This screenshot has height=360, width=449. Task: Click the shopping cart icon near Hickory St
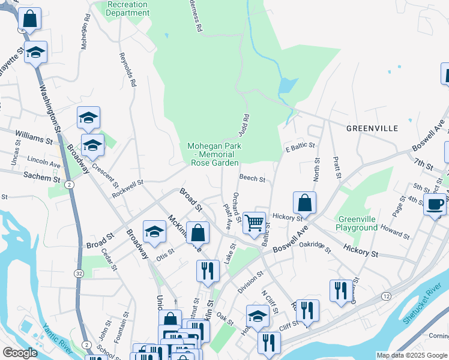pos(255,223)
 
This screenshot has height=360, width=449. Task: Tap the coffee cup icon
pos(435,204)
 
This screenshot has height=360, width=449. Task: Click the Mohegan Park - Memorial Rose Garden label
pos(213,154)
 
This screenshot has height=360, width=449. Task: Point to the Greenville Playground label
pos(358,223)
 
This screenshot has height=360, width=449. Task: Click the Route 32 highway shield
pos(79,273)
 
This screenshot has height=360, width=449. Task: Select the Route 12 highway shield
pos(385,296)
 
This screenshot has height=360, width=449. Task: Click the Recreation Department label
pos(127,8)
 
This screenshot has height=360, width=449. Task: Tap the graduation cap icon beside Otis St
pos(154,232)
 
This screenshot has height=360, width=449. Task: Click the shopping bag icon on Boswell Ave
pos(305,203)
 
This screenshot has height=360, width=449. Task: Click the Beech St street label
pos(252,178)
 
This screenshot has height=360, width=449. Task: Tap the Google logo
pos(20,353)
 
